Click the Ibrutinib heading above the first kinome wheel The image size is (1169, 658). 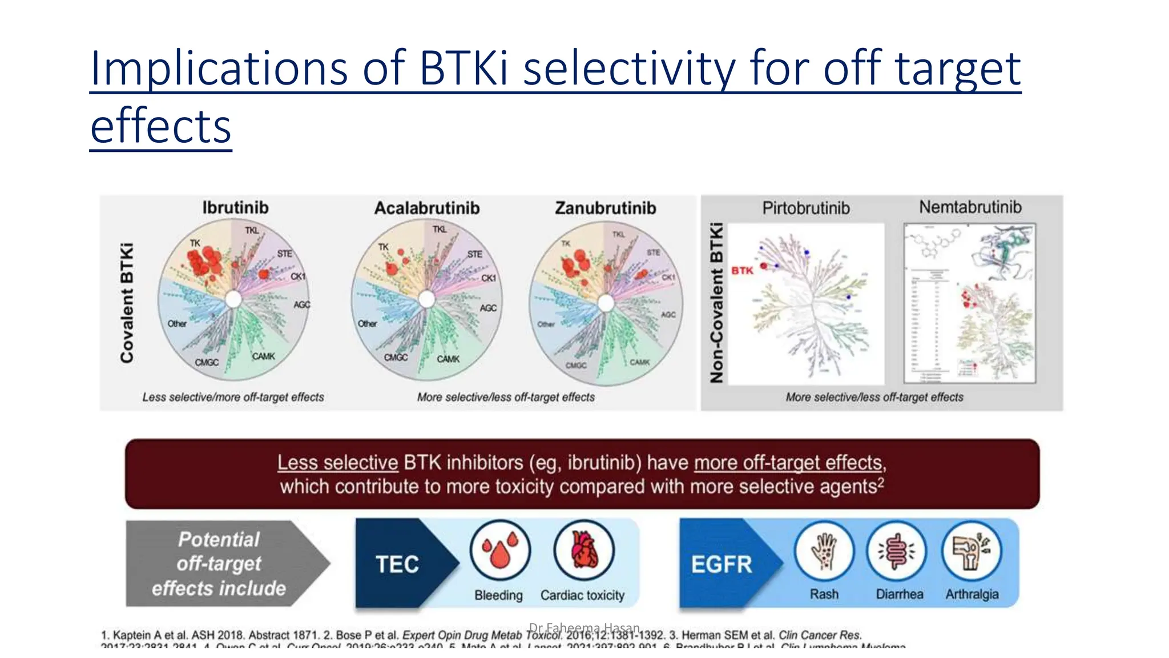(235, 207)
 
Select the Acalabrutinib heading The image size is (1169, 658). (427, 208)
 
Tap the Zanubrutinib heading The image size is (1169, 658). (606, 208)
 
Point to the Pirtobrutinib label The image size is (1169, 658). (806, 208)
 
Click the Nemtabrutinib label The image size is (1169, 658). (970, 207)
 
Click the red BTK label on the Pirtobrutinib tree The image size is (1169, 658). (742, 270)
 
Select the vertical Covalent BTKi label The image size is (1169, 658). (127, 303)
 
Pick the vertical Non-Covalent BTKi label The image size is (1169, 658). (716, 303)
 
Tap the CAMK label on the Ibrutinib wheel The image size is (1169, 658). (263, 356)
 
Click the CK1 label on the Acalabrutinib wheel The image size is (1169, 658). (489, 278)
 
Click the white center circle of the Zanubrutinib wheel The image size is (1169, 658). (606, 303)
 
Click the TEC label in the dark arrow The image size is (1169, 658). (397, 564)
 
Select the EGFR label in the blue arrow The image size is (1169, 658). (721, 564)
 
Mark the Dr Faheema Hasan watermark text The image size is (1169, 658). (584, 628)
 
